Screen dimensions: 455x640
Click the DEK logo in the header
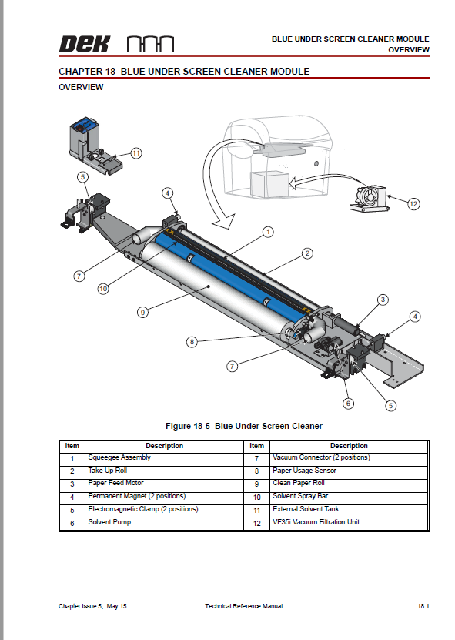point(85,44)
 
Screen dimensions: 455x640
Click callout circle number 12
point(413,203)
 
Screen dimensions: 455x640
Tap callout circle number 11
point(136,153)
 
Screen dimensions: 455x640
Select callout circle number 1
point(268,232)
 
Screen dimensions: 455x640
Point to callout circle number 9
point(142,312)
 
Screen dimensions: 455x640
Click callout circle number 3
point(383,300)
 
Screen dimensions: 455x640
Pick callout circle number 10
point(103,289)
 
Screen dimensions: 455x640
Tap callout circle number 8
point(192,342)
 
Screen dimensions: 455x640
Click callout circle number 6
point(348,404)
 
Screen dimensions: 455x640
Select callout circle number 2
point(307,253)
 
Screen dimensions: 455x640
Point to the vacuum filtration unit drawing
point(368,199)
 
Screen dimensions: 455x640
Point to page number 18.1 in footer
point(423,606)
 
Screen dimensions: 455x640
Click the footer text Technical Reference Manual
point(243,606)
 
